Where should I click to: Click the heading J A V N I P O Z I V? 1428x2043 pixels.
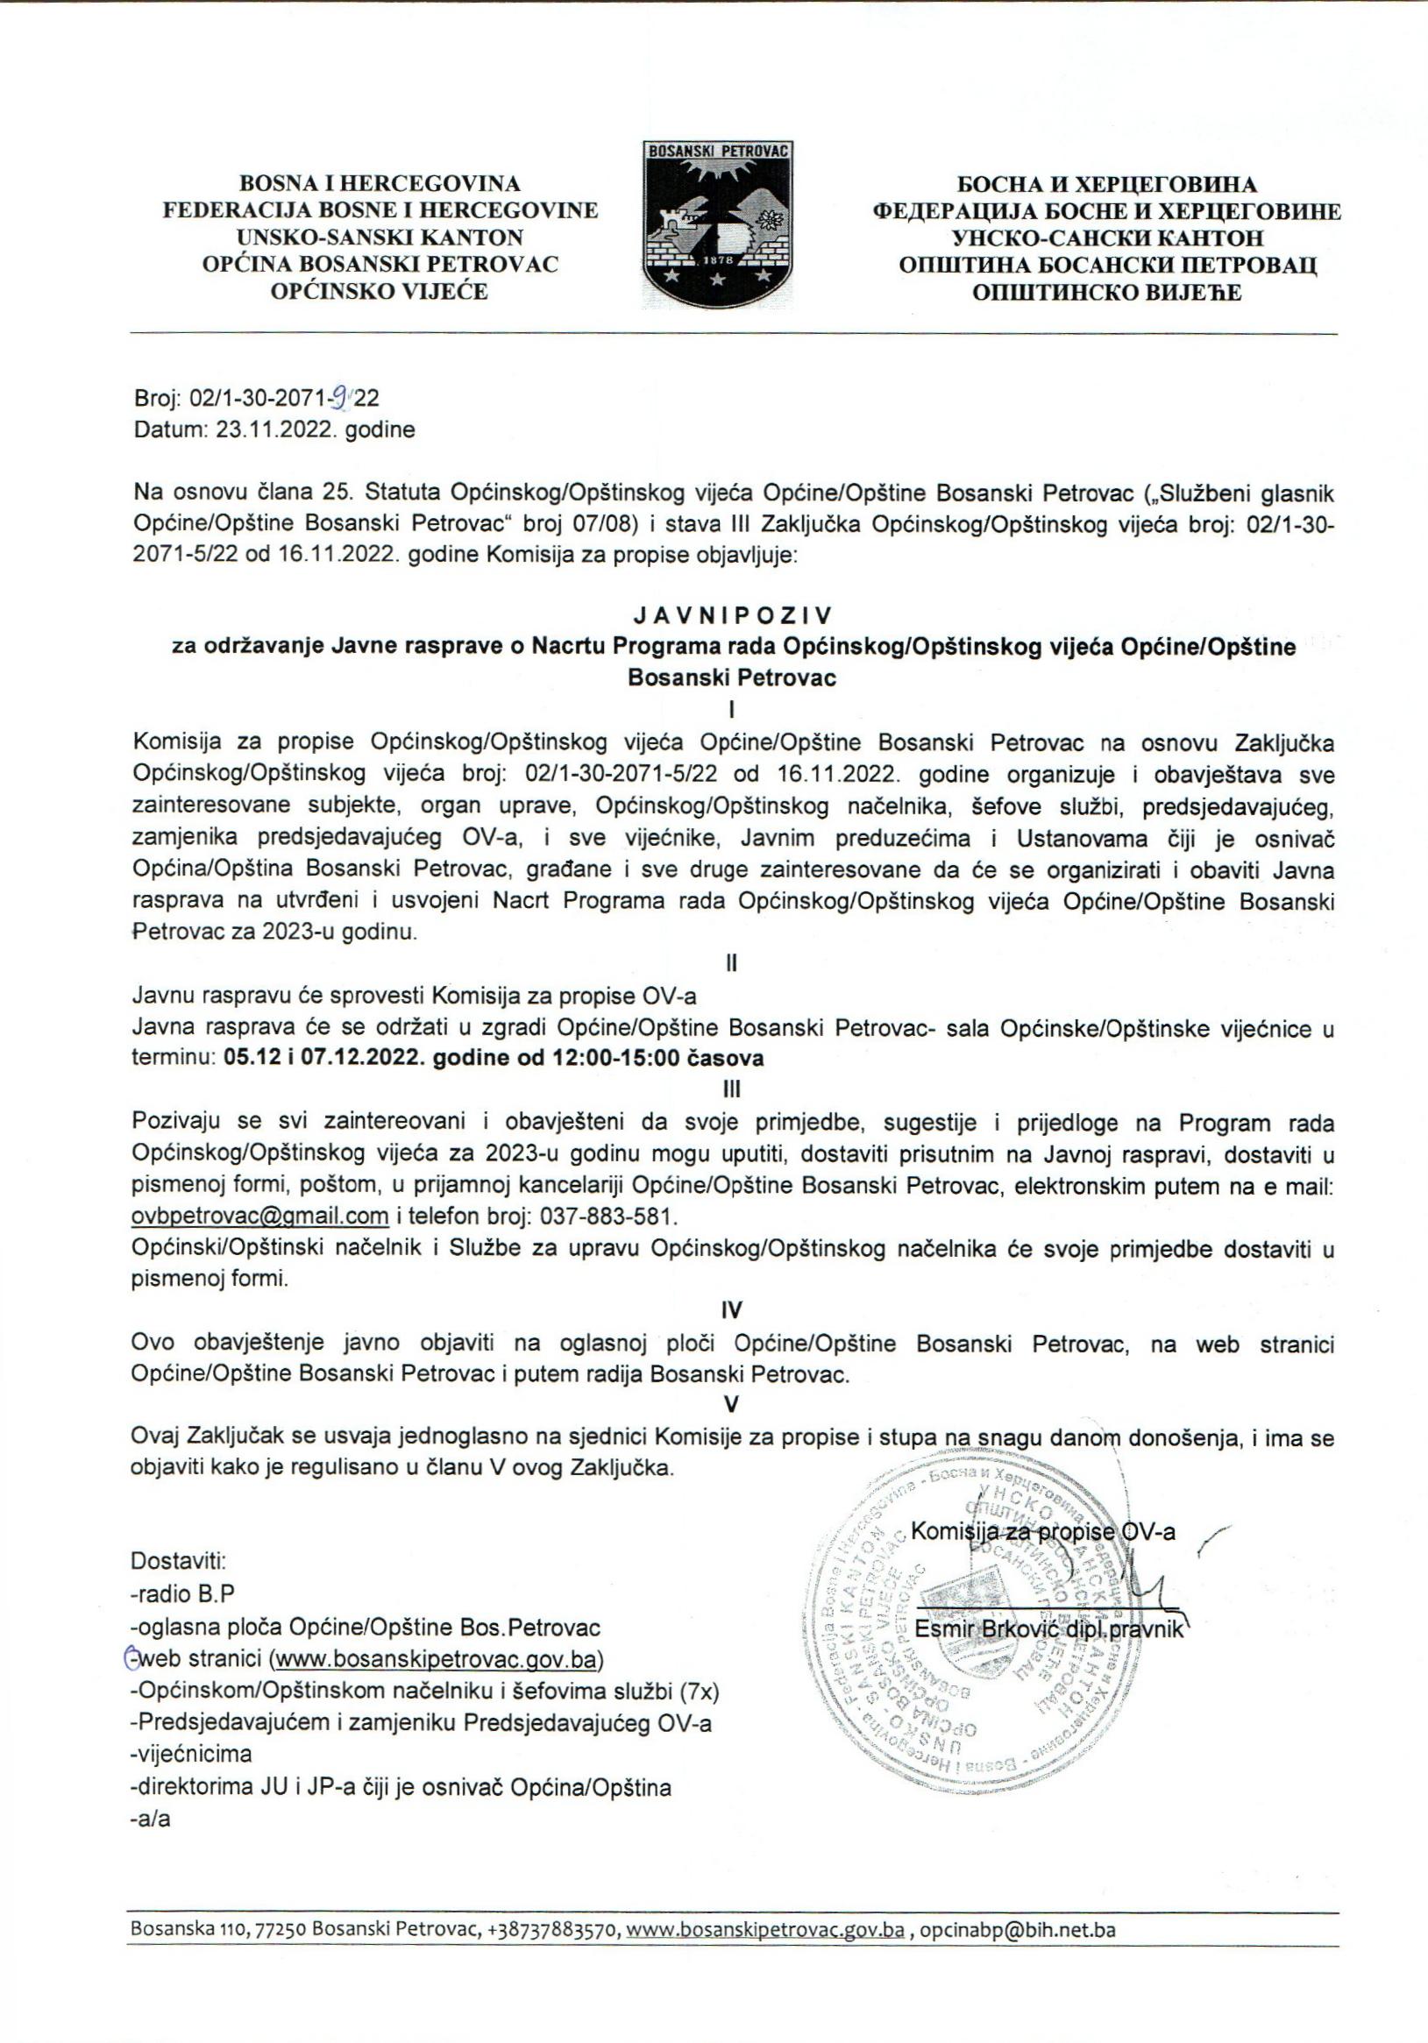(x=731, y=616)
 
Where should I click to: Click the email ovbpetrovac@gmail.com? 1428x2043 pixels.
(x=259, y=1216)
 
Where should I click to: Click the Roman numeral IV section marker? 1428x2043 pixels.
(x=731, y=1309)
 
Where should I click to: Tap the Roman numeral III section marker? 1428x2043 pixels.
(x=731, y=1089)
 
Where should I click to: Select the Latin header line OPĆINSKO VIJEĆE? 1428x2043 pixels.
(x=380, y=291)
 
